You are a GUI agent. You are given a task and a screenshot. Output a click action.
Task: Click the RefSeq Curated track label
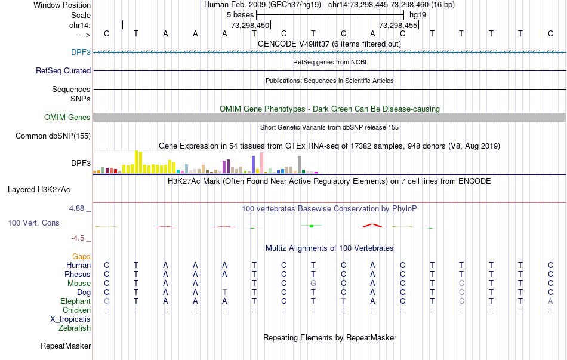click(63, 70)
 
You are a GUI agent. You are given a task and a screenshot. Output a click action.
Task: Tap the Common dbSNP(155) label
click(53, 136)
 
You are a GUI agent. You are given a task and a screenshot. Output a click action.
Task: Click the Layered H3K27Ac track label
click(39, 190)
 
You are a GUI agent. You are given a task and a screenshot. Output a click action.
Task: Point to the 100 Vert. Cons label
click(33, 223)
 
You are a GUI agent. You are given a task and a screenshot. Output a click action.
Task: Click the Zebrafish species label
click(75, 328)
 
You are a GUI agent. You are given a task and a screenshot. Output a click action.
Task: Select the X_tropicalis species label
click(70, 319)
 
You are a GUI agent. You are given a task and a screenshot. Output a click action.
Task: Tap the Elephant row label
click(76, 301)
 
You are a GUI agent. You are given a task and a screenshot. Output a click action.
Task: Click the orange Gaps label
click(81, 256)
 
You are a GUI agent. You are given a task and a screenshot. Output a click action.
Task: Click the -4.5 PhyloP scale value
click(79, 238)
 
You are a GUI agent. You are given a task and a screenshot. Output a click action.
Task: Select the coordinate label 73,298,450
click(250, 25)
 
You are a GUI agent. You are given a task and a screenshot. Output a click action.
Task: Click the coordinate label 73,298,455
click(397, 25)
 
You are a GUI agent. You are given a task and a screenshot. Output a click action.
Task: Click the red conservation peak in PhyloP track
click(372, 225)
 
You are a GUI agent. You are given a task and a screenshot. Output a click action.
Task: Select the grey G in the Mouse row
click(313, 283)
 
